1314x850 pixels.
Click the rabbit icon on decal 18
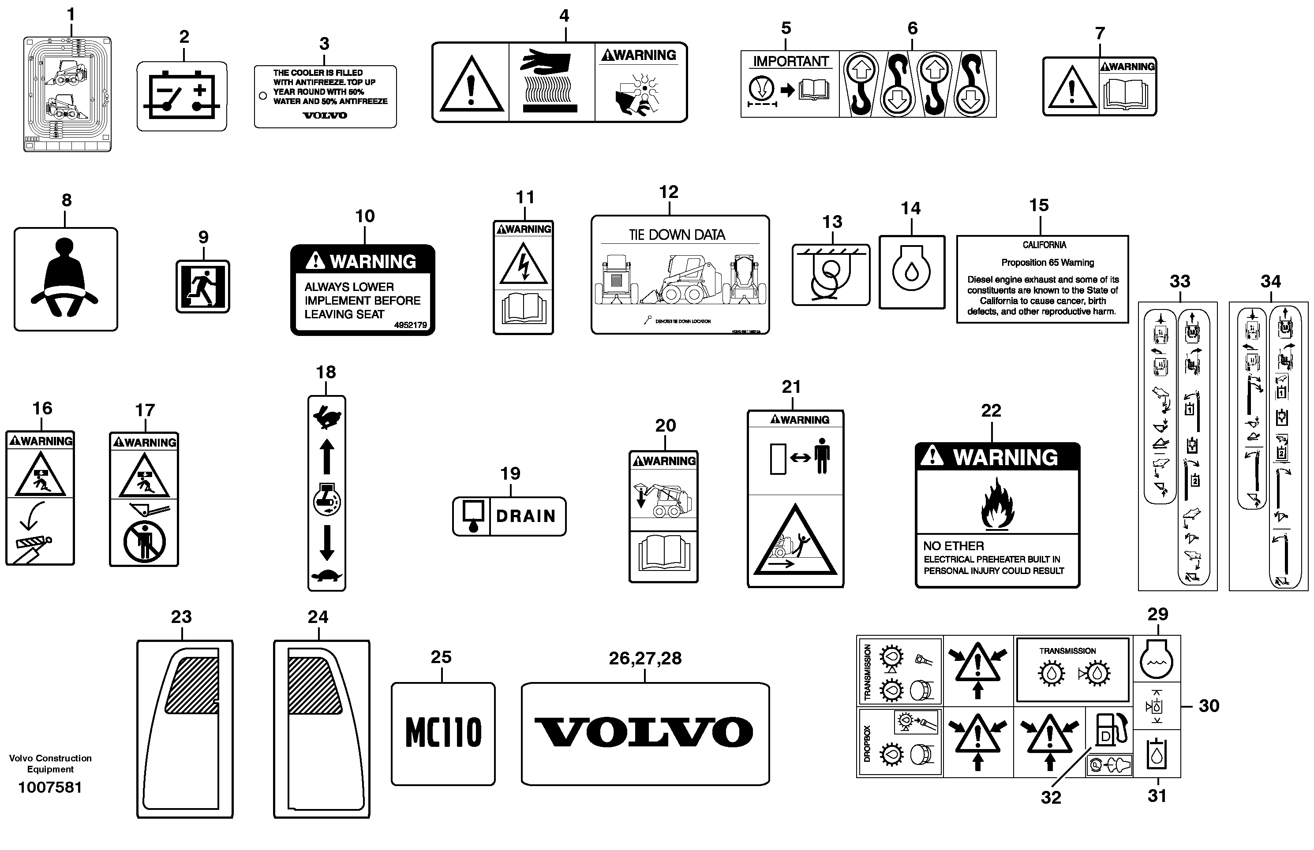[x=326, y=417]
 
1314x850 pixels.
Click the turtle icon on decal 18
[x=326, y=576]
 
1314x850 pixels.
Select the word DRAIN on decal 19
[x=526, y=516]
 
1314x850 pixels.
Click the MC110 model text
[x=443, y=732]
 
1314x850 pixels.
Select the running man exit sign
[x=202, y=287]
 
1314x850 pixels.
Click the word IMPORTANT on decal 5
[x=790, y=61]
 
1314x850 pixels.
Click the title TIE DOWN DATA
[x=677, y=235]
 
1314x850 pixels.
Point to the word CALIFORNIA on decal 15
[x=1044, y=245]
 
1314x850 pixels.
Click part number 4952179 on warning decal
[x=410, y=325]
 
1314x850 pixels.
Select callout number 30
[x=1209, y=706]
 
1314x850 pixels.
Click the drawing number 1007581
[x=50, y=787]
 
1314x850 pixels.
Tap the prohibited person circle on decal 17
[x=144, y=541]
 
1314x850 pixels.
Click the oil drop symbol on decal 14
[x=911, y=271]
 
